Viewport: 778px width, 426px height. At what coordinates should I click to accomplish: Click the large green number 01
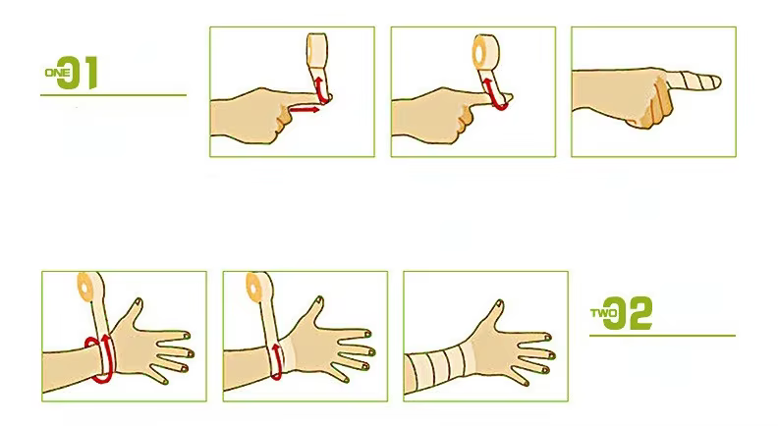pyautogui.click(x=81, y=74)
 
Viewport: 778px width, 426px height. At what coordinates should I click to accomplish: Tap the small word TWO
pyautogui.click(x=601, y=315)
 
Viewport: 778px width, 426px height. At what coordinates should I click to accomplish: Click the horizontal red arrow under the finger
pyautogui.click(x=306, y=111)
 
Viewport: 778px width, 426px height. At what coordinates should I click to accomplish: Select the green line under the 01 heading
pyautogui.click(x=113, y=95)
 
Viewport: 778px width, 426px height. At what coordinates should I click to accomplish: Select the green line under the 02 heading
pyautogui.click(x=662, y=336)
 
